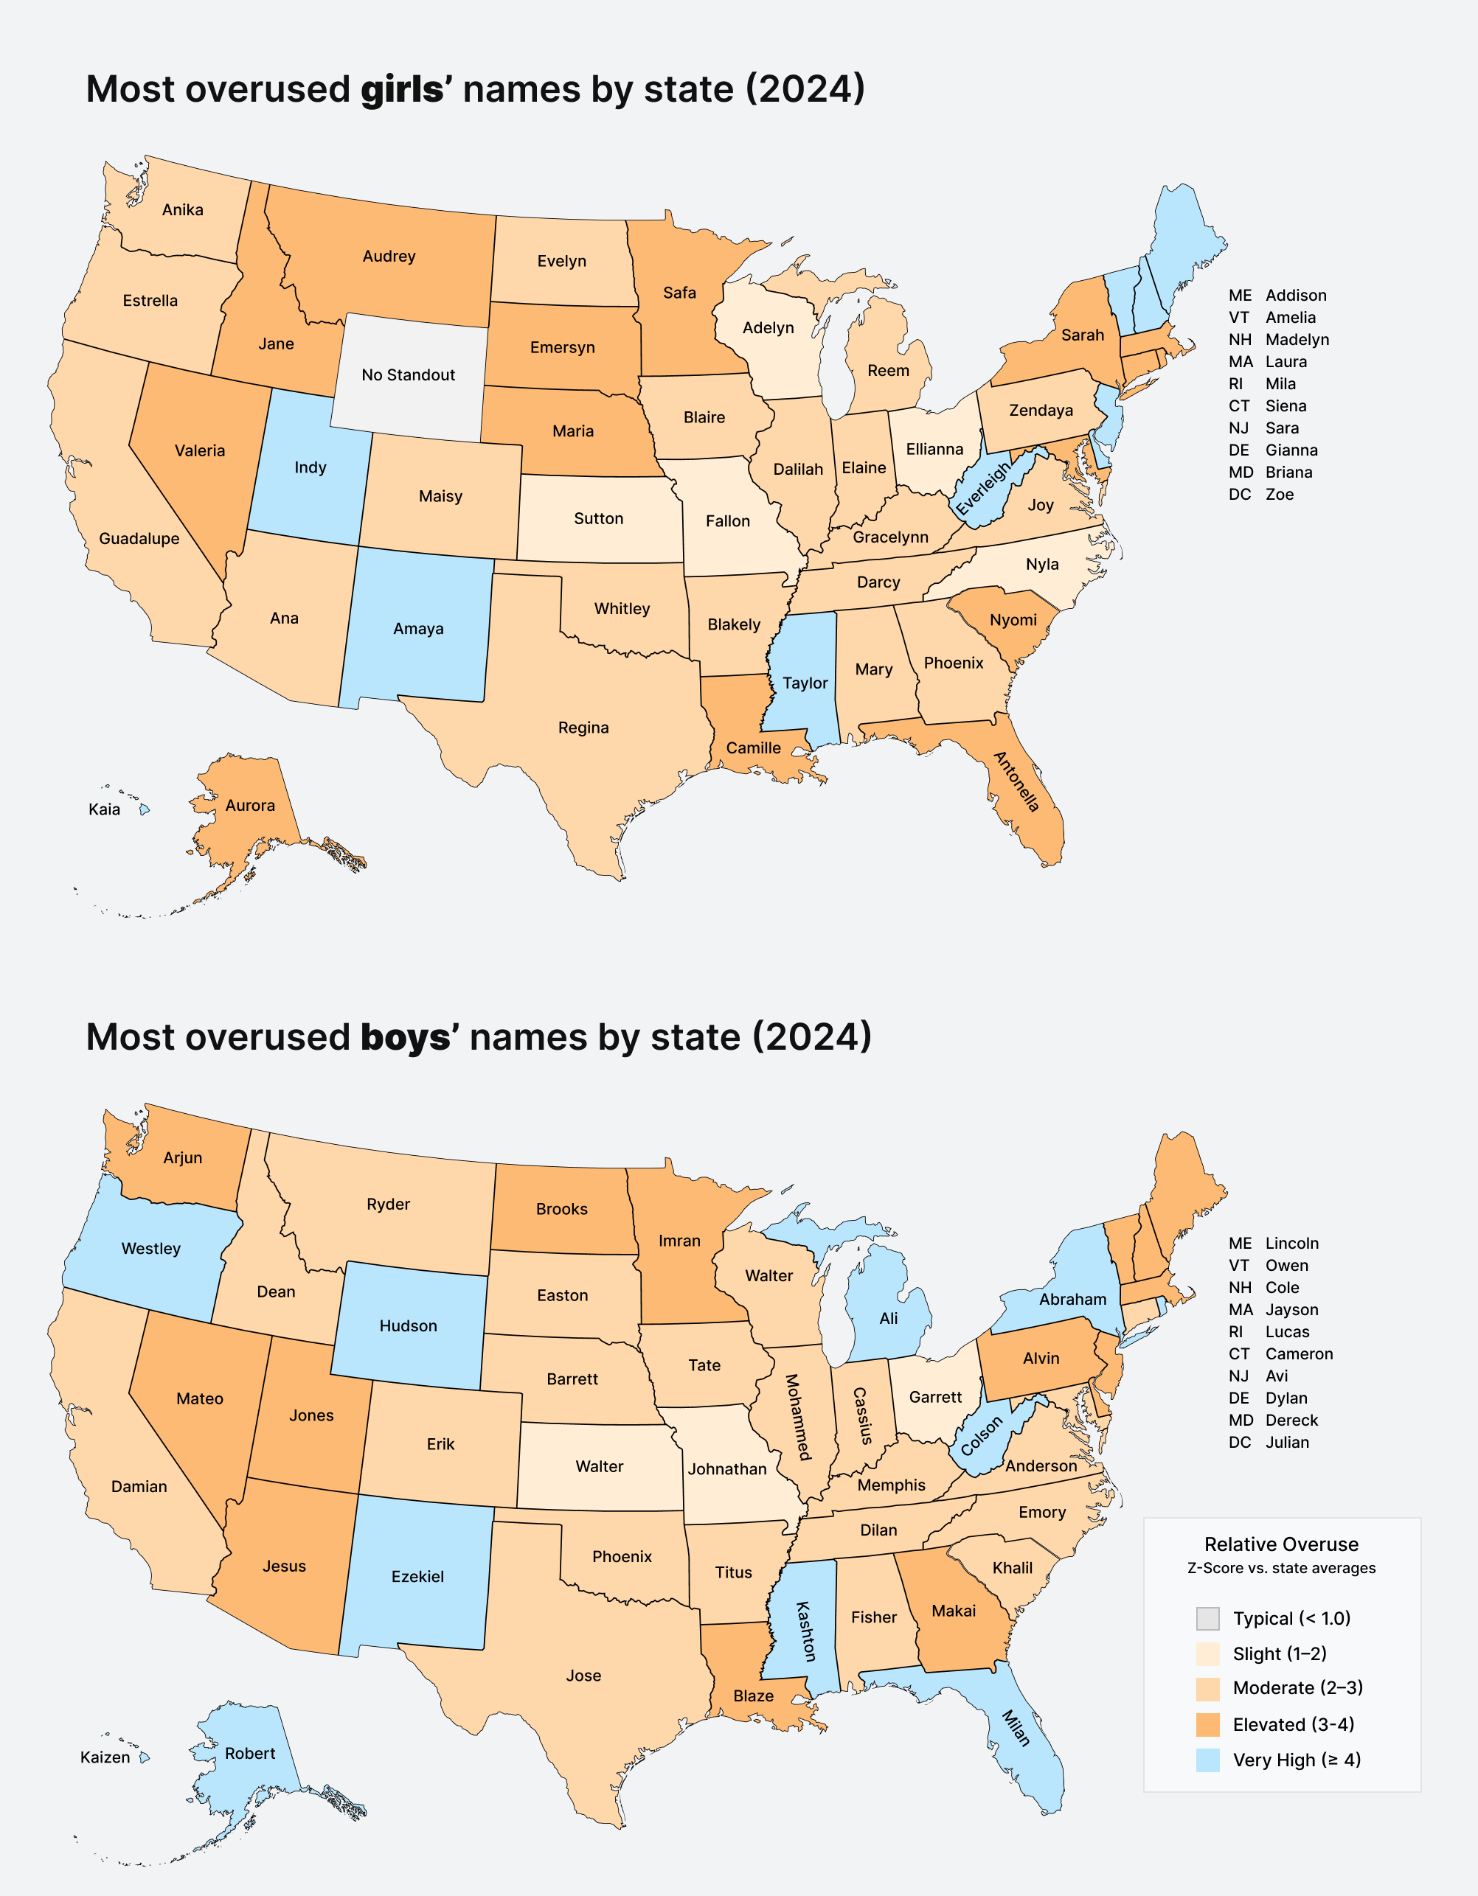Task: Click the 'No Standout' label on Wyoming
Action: pyautogui.click(x=408, y=375)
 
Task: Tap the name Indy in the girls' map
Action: pyautogui.click(x=310, y=468)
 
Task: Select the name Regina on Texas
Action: pyautogui.click(x=583, y=728)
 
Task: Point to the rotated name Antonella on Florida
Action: pyautogui.click(x=1016, y=781)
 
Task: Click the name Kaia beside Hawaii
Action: pyautogui.click(x=104, y=809)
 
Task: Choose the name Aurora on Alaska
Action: pyautogui.click(x=250, y=806)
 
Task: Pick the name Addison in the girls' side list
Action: pyautogui.click(x=1296, y=295)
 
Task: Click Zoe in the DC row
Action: pyautogui.click(x=1279, y=494)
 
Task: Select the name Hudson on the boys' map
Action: pyautogui.click(x=408, y=1325)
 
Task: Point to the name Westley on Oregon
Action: pyautogui.click(x=151, y=1248)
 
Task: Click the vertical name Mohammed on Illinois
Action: pyautogui.click(x=797, y=1417)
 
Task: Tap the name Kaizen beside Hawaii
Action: pyautogui.click(x=105, y=1757)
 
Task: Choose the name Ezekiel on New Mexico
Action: pyautogui.click(x=417, y=1577)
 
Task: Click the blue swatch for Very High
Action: pyautogui.click(x=1207, y=1760)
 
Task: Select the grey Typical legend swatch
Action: pyautogui.click(x=1207, y=1618)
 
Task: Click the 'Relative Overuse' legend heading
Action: pyautogui.click(x=1281, y=1544)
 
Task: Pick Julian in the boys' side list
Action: pyautogui.click(x=1286, y=1442)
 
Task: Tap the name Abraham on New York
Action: pyautogui.click(x=1072, y=1300)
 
